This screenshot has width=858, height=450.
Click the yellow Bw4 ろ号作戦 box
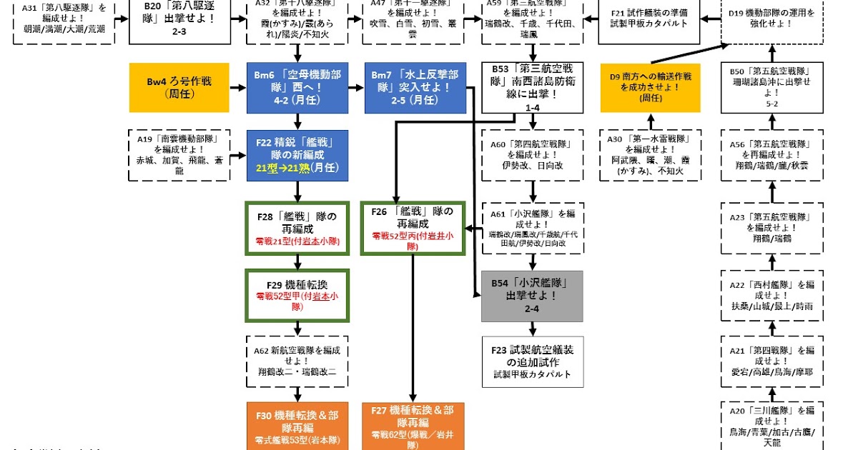point(179,88)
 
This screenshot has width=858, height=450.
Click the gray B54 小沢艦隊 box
point(532,296)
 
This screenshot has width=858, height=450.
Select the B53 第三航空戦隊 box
point(532,88)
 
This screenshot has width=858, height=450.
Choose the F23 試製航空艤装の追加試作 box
point(532,361)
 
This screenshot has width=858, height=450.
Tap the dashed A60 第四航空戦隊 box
point(532,154)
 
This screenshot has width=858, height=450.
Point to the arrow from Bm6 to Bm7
point(355,88)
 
